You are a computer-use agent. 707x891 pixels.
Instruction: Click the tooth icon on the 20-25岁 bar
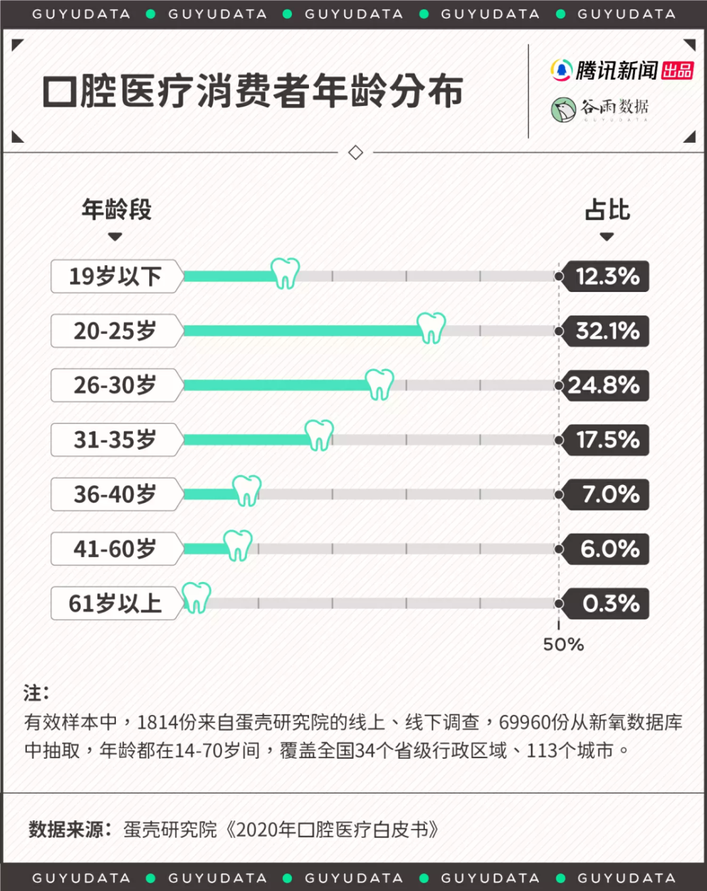tap(431, 328)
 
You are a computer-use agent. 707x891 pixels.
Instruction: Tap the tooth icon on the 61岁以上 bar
tap(197, 598)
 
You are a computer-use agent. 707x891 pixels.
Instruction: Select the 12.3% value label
tap(607, 276)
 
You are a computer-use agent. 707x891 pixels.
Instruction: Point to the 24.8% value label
tap(604, 385)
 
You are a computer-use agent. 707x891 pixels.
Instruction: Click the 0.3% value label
tap(611, 603)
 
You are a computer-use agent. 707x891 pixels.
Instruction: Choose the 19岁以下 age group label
tap(115, 276)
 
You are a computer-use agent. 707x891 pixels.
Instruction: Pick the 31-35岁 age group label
tap(115, 439)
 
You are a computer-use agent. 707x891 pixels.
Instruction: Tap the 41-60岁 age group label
tap(115, 549)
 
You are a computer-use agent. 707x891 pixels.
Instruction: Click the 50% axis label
tap(563, 645)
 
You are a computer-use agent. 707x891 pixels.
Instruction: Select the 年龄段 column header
tap(117, 209)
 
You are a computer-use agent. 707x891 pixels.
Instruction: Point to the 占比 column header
tap(607, 209)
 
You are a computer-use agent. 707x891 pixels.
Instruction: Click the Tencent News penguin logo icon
tap(561, 70)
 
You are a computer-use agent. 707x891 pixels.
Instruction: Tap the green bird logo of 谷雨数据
tap(563, 110)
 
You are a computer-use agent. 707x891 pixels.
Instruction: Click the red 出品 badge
tap(677, 71)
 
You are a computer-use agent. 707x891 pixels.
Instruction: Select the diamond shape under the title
tap(356, 153)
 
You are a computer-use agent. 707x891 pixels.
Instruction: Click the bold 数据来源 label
tap(66, 829)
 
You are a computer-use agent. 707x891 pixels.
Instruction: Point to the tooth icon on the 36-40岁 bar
tap(247, 491)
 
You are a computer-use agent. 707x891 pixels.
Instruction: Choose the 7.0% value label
tap(611, 494)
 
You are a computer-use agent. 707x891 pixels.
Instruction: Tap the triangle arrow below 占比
tap(607, 236)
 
